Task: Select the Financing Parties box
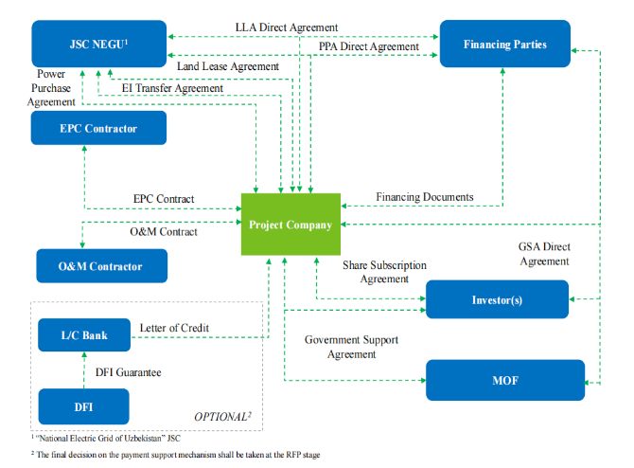tap(504, 45)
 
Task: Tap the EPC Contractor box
tap(98, 129)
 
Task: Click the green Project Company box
tap(290, 225)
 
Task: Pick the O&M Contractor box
tap(102, 266)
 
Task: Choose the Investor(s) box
tap(497, 299)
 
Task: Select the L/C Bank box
tap(83, 334)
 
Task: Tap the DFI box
tap(83, 407)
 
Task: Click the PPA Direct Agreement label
tap(368, 46)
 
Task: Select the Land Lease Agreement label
tap(228, 66)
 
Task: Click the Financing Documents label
tap(424, 197)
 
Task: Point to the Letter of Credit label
tap(174, 328)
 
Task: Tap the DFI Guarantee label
tap(130, 372)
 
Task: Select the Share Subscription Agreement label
tap(384, 272)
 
